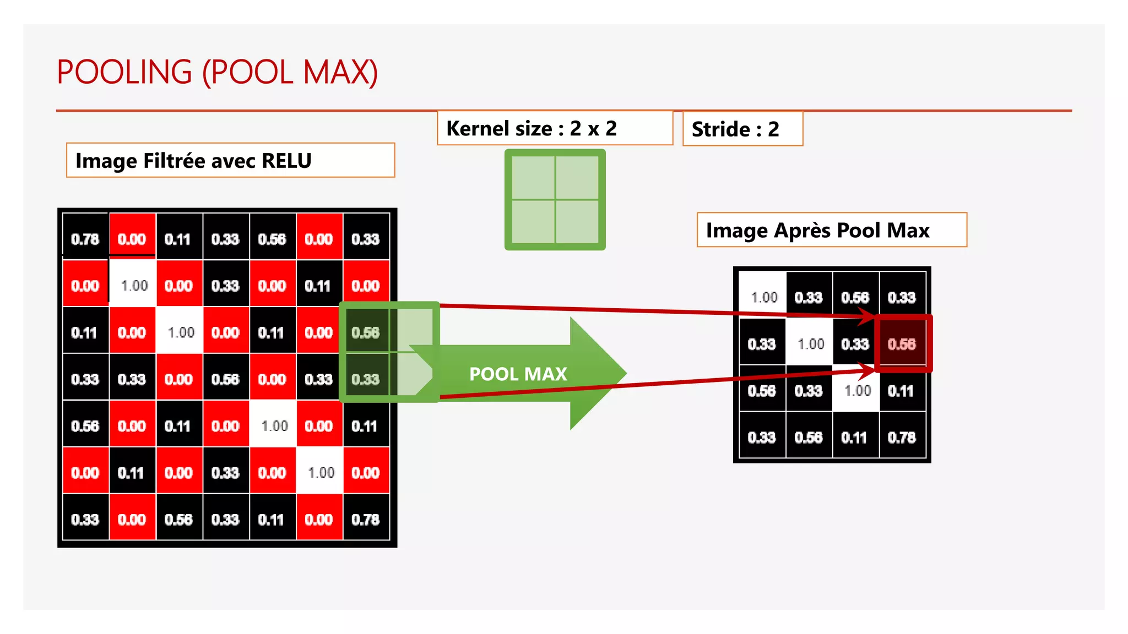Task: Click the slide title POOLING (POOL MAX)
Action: point(217,72)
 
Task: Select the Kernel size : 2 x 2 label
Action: point(531,129)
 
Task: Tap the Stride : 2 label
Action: point(735,129)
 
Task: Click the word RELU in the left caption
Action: point(286,161)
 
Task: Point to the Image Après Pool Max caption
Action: point(817,230)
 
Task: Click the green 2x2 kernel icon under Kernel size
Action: point(555,199)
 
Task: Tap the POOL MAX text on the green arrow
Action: point(518,374)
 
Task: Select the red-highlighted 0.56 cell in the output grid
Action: point(902,344)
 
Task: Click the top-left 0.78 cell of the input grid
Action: point(85,239)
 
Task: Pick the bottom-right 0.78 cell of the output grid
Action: point(902,438)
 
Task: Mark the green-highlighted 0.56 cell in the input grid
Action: point(366,332)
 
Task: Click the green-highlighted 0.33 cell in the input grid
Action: point(366,379)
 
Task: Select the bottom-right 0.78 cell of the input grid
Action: point(366,520)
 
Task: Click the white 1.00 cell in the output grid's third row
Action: point(856,391)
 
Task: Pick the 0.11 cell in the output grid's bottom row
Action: point(854,438)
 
